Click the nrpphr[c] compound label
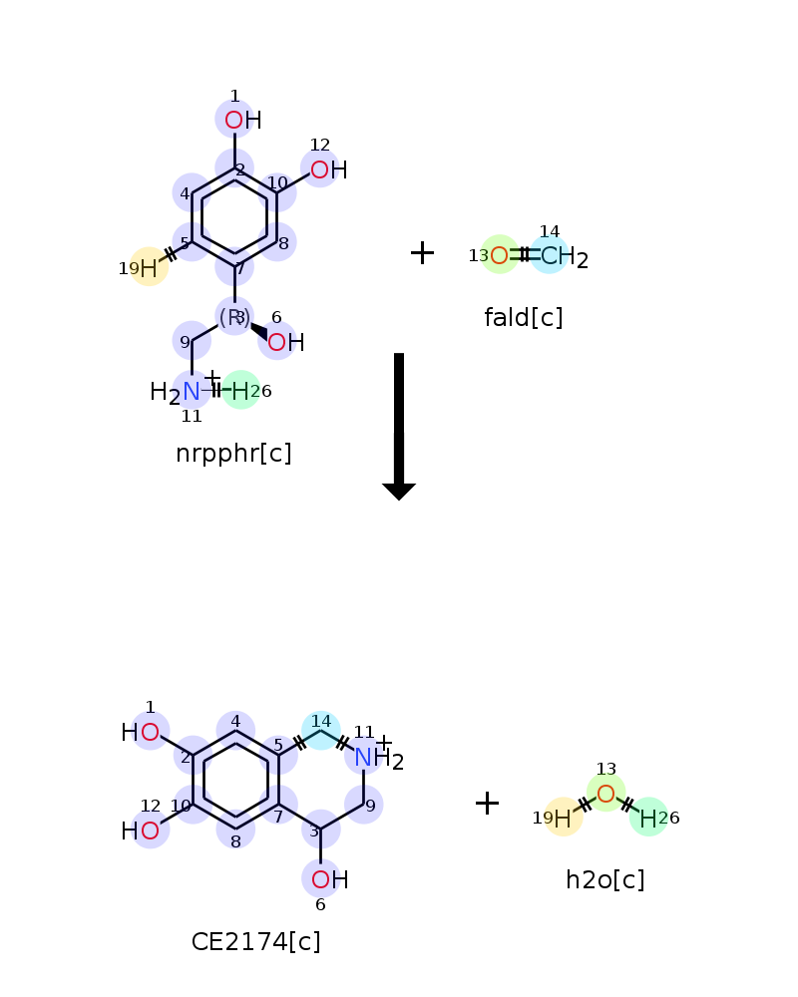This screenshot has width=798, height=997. (x=233, y=454)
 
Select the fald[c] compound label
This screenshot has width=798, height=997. (x=523, y=318)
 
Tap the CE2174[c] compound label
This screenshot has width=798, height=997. (x=255, y=942)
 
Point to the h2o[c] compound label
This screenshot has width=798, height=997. (x=605, y=880)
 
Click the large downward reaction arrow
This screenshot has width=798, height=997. (x=399, y=427)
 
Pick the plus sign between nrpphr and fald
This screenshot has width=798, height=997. (x=422, y=253)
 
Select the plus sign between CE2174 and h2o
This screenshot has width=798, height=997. (x=487, y=803)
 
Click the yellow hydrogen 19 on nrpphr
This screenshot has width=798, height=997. (x=149, y=268)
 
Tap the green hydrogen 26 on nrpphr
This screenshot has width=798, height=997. (x=240, y=391)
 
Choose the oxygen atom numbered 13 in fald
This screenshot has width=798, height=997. (x=500, y=255)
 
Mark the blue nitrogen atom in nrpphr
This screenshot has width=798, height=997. (x=191, y=392)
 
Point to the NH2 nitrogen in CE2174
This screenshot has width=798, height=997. (x=363, y=758)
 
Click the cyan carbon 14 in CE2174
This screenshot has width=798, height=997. (x=321, y=731)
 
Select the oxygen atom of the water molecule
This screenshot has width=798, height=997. (x=605, y=794)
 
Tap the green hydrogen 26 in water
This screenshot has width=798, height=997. (x=647, y=819)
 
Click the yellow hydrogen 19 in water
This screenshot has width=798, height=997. (x=563, y=819)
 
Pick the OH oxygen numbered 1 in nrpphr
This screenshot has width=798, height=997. (x=234, y=121)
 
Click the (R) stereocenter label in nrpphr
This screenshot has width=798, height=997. (x=234, y=317)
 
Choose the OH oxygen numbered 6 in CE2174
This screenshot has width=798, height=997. (x=320, y=880)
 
